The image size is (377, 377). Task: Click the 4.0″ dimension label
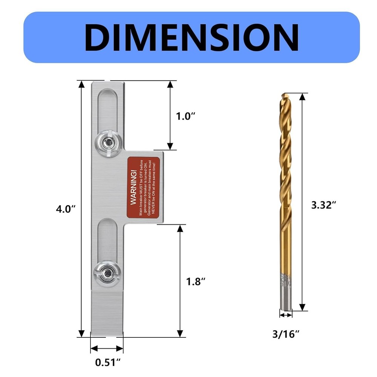[x=66, y=208]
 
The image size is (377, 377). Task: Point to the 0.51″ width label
[x=107, y=362]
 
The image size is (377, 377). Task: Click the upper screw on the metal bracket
[x=108, y=143]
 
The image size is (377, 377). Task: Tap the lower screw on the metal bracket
[x=107, y=271]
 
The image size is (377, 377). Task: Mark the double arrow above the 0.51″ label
[x=107, y=348]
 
